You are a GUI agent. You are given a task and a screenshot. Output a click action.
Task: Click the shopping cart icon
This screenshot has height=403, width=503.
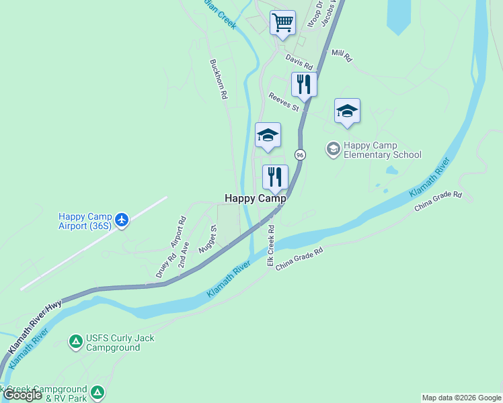tap(283, 22)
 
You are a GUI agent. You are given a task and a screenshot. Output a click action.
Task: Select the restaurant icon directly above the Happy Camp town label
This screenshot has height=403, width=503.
tap(275, 177)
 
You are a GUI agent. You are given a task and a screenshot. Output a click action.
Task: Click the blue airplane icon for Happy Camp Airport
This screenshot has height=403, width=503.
tap(122, 220)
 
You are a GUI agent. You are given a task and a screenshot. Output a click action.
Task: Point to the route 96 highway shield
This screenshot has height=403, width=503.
tap(300, 154)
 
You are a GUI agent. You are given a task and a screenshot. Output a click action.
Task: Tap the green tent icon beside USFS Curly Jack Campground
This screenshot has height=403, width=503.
tap(76, 343)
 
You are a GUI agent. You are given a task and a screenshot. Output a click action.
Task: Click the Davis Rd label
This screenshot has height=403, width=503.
tap(299, 62)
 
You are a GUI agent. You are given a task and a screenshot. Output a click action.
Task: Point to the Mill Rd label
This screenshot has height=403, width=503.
tap(342, 55)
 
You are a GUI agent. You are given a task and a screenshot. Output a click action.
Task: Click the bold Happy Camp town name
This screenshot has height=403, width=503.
tap(255, 198)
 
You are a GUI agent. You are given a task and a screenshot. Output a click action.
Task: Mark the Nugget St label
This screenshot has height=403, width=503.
tap(207, 239)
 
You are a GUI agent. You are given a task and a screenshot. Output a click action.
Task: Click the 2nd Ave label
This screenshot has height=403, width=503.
tap(184, 255)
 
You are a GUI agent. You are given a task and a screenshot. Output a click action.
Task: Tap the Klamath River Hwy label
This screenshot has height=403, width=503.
tap(35, 327)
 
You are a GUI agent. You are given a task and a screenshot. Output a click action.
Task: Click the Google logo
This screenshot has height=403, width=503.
tap(22, 395)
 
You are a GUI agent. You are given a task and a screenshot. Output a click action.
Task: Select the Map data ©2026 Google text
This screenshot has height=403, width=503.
tap(461, 398)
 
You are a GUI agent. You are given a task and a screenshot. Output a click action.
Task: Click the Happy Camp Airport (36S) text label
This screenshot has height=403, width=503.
tap(86, 220)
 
